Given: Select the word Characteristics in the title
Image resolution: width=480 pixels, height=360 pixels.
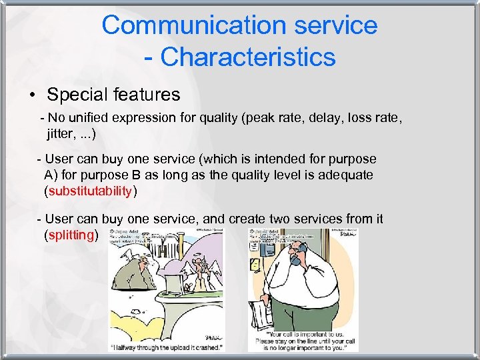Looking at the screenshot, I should [247, 57].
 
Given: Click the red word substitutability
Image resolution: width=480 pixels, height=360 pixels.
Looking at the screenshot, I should [90, 191].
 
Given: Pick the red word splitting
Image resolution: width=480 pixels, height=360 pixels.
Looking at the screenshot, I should [71, 235].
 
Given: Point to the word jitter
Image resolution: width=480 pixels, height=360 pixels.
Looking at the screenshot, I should [61, 134].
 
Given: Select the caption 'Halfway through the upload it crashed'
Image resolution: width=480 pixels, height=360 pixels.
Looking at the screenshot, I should [166, 346].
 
